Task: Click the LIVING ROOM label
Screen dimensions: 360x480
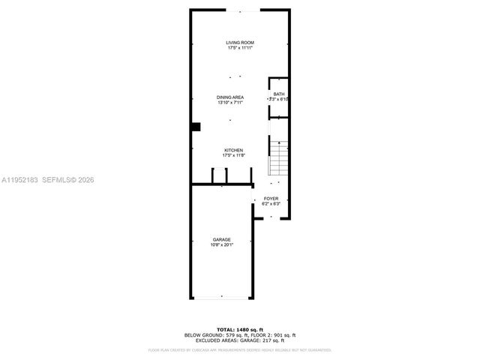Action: click(240, 43)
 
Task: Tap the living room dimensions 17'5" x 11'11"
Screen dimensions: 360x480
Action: click(240, 49)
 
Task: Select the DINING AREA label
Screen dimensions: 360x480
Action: click(229, 97)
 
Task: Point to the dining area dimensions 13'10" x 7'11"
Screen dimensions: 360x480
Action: click(229, 103)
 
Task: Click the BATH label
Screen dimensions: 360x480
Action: click(279, 94)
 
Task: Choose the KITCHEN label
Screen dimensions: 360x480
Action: click(233, 150)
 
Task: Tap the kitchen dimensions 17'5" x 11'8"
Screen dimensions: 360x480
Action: click(233, 155)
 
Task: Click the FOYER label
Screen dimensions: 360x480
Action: click(271, 198)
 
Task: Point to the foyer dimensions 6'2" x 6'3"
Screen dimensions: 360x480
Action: click(271, 203)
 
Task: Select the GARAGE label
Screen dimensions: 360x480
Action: click(221, 239)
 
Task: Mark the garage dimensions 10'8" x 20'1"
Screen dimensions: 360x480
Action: click(221, 244)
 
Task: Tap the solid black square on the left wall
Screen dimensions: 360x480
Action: click(196, 127)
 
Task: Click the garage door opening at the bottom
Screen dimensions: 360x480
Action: click(220, 299)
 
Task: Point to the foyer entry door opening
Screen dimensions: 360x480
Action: click(271, 218)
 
